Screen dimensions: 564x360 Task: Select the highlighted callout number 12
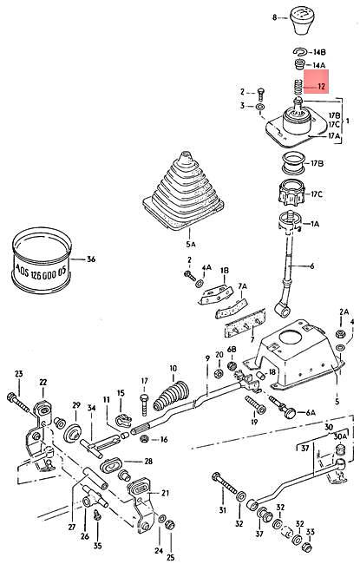click(x=320, y=87)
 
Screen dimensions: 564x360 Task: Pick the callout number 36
click(x=91, y=259)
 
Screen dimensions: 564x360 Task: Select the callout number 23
click(x=18, y=374)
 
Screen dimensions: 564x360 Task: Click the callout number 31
click(x=221, y=509)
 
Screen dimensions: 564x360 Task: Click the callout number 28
click(x=148, y=461)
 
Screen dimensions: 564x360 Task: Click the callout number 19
click(x=254, y=422)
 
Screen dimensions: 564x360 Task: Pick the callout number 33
click(x=310, y=555)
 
